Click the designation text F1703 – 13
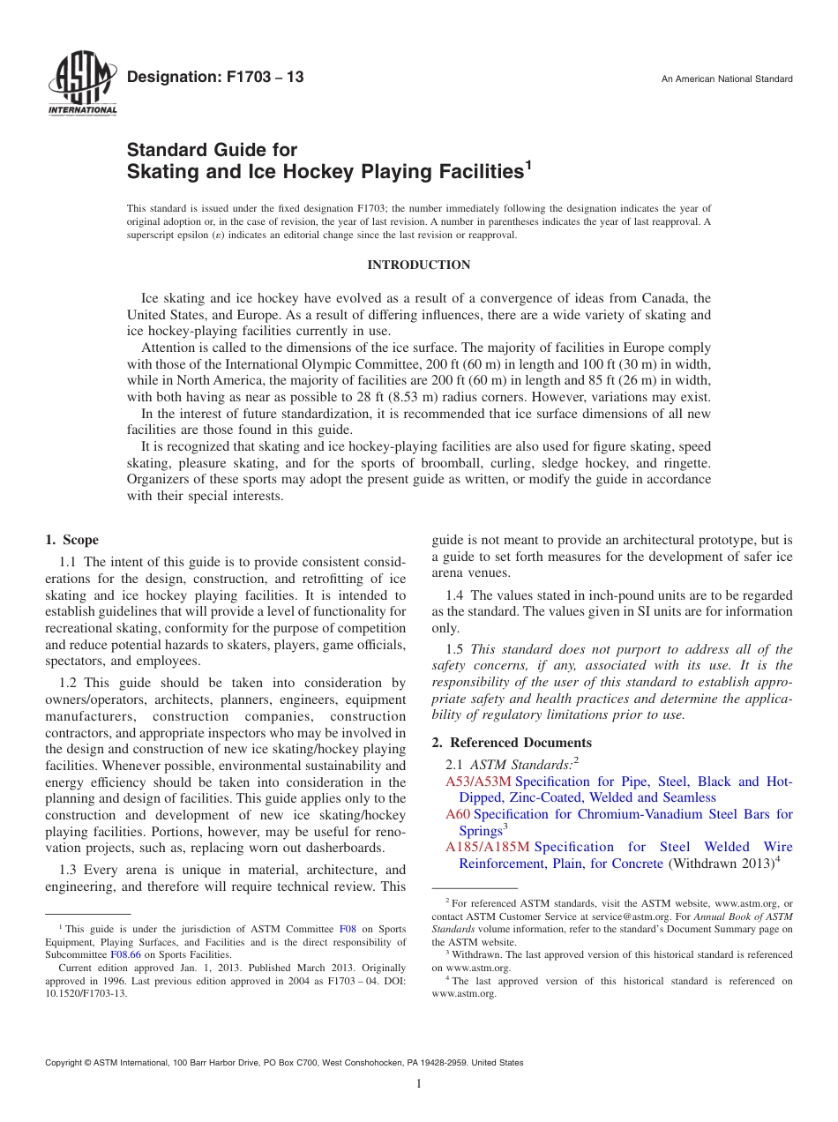215,78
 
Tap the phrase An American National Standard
727,79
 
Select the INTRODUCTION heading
418,266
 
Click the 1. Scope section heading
71,540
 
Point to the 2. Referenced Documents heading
512,743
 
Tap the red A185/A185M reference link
488,847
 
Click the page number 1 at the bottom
419,1084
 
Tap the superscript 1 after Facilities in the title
528,165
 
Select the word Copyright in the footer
66,1063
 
